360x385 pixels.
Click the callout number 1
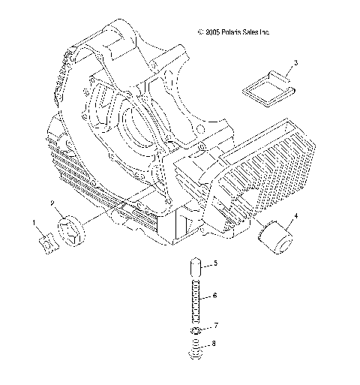coord(34,222)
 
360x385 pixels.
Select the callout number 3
coord(295,63)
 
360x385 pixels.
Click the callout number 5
coord(215,263)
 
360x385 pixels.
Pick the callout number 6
coord(215,296)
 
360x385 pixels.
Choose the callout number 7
coord(215,326)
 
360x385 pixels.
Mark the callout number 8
coord(215,344)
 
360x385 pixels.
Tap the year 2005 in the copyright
coord(213,32)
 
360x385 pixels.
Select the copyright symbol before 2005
coord(199,32)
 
